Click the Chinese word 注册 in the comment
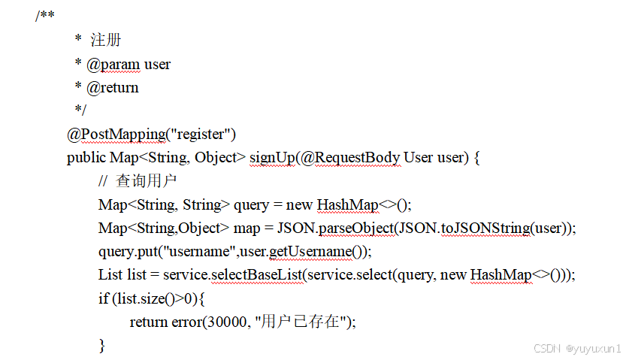click(x=107, y=40)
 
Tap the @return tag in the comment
click(x=113, y=88)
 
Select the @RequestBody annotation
click(x=351, y=158)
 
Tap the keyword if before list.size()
click(x=103, y=298)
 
